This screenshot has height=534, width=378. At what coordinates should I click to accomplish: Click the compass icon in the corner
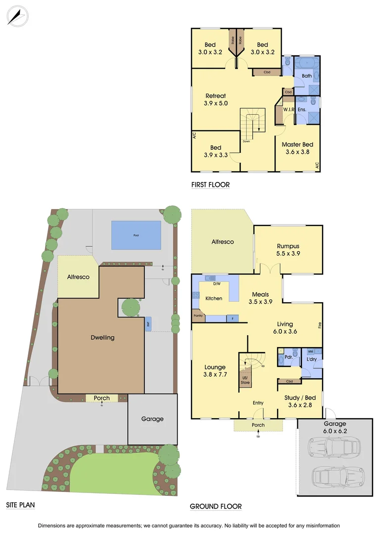[17, 16]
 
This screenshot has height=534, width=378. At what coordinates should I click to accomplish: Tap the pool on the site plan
[136, 235]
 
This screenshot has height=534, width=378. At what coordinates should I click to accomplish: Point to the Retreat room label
[216, 96]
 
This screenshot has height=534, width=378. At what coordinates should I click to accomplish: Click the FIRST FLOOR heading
[210, 185]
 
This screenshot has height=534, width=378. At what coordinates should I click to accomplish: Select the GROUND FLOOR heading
[216, 506]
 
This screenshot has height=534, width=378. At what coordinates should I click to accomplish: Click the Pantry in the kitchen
[198, 315]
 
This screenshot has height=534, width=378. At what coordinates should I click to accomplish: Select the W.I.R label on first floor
[289, 109]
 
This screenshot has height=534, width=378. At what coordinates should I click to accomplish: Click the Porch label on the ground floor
[258, 425]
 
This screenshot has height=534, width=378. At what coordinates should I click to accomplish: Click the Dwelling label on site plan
[102, 338]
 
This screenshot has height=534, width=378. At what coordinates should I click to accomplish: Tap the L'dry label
[311, 359]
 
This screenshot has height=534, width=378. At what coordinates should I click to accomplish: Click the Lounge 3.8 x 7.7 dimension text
[215, 374]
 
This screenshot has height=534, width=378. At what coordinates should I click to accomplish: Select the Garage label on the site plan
[152, 419]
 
